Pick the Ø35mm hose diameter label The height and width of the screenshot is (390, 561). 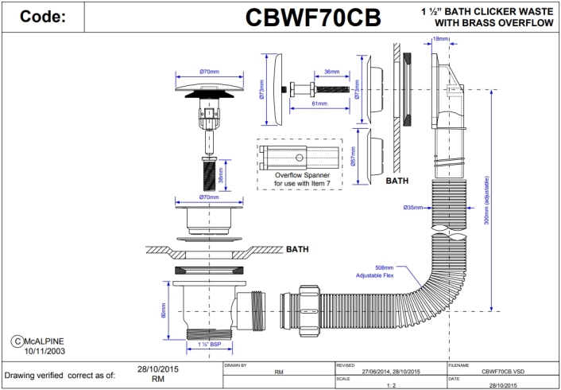[x=412, y=208]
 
